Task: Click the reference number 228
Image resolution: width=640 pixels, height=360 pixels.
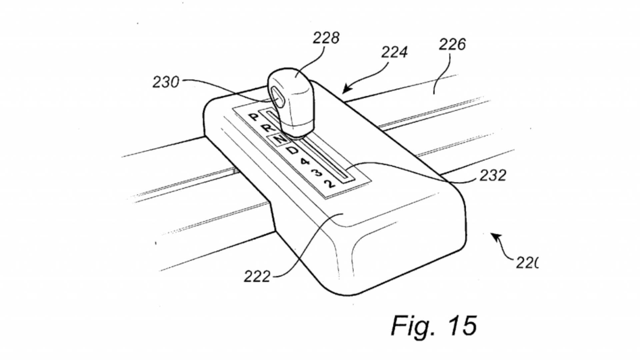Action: coord(326,38)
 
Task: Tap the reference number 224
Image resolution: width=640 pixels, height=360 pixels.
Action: coord(394,52)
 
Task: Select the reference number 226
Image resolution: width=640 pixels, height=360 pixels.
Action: coord(452,45)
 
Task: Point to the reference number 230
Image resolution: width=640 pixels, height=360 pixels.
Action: coord(166,82)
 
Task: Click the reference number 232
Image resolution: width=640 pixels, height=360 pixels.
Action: coord(493,175)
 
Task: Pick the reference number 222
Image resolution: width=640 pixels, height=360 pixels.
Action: coord(257,277)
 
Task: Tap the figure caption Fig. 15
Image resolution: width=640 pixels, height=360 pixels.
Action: coord(434,326)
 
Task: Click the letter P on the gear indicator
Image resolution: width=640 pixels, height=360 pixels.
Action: coord(254,117)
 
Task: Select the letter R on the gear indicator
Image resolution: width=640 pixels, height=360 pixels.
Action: coord(267,127)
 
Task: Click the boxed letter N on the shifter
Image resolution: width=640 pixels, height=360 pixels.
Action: coord(280,139)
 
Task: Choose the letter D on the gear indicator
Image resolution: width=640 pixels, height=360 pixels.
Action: coord(292,151)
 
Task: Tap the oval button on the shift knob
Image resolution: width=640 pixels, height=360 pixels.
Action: coord(277,98)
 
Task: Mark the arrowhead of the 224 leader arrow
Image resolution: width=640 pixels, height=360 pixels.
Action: coord(346,89)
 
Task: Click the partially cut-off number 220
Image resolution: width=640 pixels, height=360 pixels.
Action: coord(527,263)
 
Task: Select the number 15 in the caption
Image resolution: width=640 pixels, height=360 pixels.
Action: coord(462,326)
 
